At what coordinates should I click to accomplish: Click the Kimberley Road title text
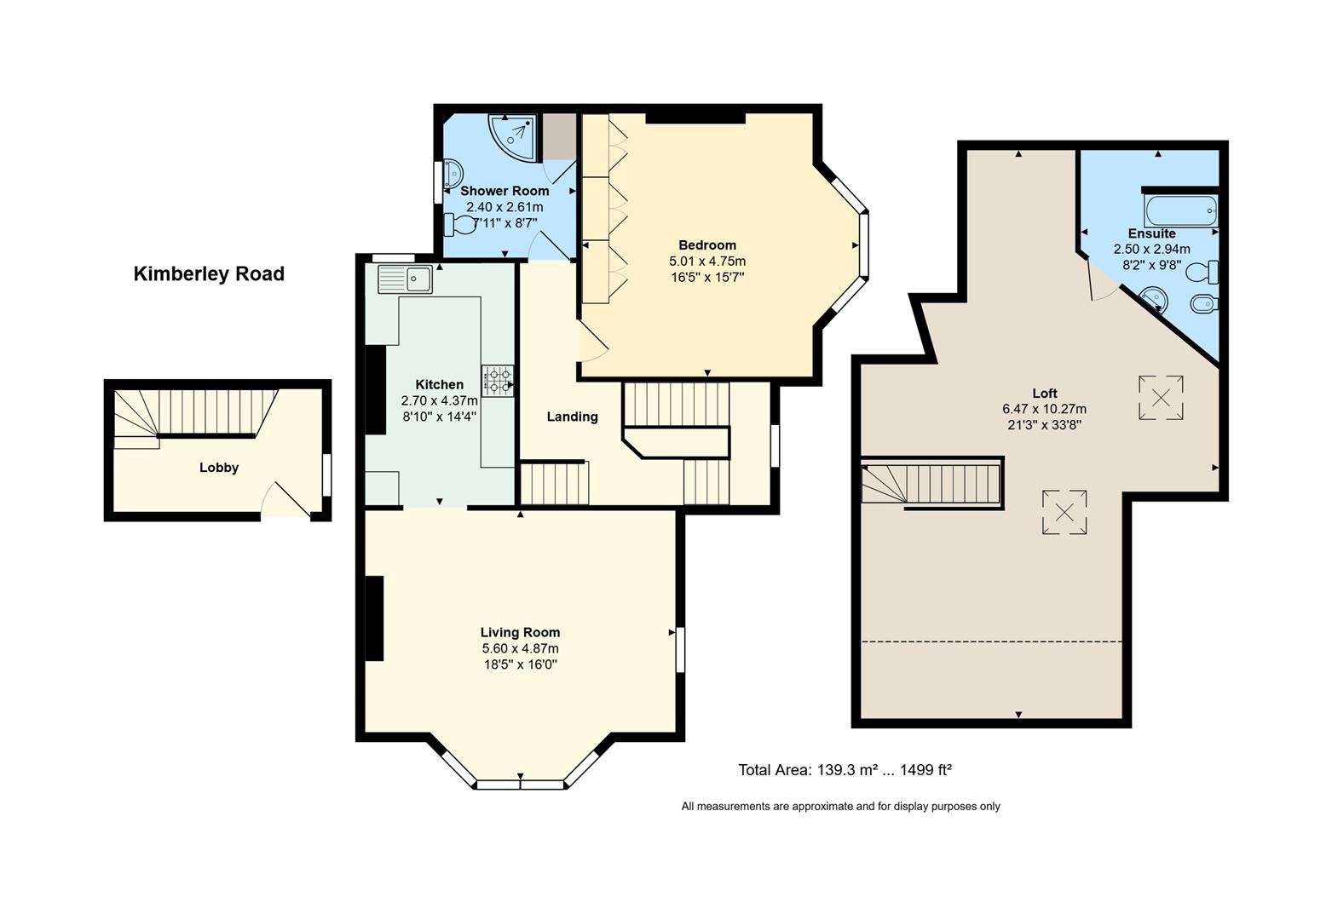pyautogui.click(x=209, y=274)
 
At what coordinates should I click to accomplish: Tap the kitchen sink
pyautogui.click(x=405, y=279)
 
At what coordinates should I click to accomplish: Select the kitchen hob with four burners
pyautogui.click(x=498, y=381)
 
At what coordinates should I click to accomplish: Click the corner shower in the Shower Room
pyautogui.click(x=513, y=137)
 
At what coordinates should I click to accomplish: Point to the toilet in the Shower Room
pyautogui.click(x=460, y=225)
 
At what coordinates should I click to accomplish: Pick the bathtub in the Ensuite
pyautogui.click(x=1180, y=211)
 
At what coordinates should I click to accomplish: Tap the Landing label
pyautogui.click(x=572, y=417)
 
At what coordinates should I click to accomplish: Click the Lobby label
pyautogui.click(x=219, y=468)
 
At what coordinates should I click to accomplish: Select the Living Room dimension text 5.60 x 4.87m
pyautogui.click(x=521, y=648)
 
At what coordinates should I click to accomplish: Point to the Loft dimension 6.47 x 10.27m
pyautogui.click(x=1044, y=409)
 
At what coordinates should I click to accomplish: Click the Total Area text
pyautogui.click(x=845, y=770)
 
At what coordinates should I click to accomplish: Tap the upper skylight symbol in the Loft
pyautogui.click(x=1161, y=398)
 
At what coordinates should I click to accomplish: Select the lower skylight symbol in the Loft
pyautogui.click(x=1064, y=512)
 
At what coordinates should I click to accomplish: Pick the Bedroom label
pyautogui.click(x=707, y=244)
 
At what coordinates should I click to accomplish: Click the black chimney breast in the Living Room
pyautogui.click(x=374, y=618)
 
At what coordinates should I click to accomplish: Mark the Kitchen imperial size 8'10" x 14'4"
pyautogui.click(x=440, y=417)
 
